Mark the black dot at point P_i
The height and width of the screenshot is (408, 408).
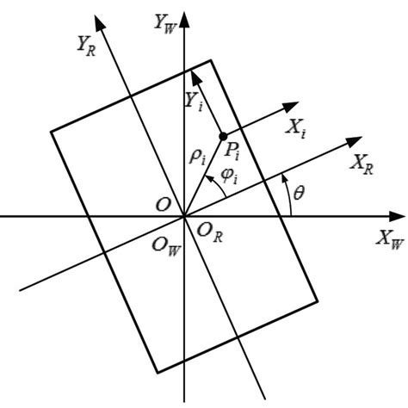tap(223, 137)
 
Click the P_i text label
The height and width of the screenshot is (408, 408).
tap(231, 152)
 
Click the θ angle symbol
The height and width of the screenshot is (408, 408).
tap(298, 194)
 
